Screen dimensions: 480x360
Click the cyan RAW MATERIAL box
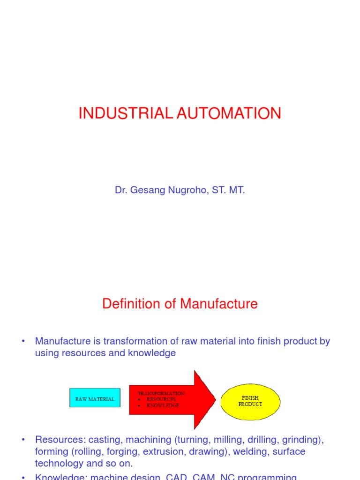(95, 399)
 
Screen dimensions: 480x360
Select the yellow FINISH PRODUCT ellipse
(250, 401)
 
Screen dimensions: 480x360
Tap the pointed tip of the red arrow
(215, 399)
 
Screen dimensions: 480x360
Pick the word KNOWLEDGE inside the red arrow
(163, 405)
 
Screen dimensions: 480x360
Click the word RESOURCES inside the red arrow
(161, 399)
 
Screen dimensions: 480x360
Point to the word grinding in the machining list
(302, 440)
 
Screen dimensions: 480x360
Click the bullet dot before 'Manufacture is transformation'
(23, 341)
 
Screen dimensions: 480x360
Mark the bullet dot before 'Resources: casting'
(23, 440)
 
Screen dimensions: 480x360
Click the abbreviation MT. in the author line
(238, 191)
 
